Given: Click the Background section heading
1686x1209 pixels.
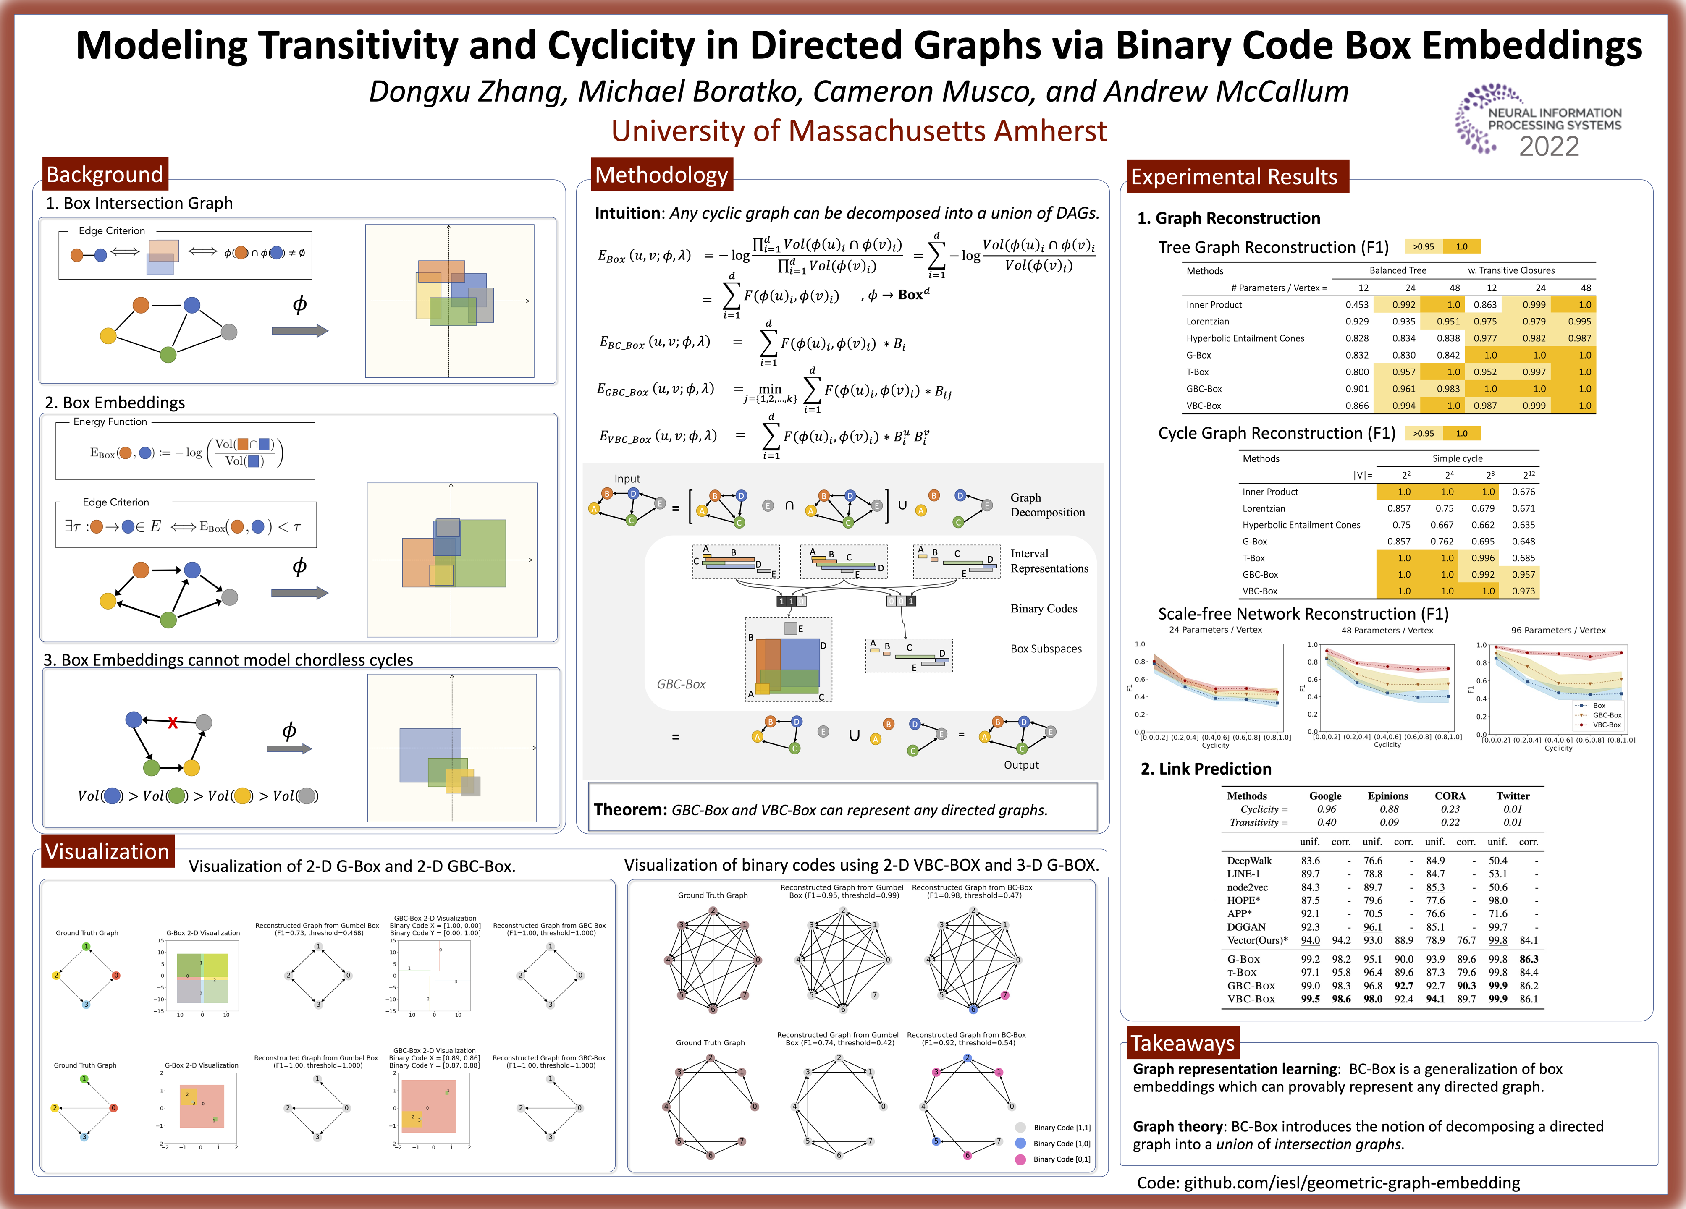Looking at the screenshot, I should click(105, 175).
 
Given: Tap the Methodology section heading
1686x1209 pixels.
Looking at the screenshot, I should click(661, 175).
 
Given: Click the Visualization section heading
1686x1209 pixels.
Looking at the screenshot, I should click(107, 852).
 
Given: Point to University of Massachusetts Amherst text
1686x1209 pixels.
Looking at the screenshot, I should click(859, 131).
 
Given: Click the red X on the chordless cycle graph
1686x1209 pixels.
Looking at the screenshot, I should click(173, 722).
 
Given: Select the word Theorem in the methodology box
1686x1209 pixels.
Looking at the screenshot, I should click(629, 809).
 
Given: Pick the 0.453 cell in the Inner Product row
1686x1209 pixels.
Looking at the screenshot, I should click(1357, 305).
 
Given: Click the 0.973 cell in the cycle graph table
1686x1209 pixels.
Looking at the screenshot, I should click(1523, 591).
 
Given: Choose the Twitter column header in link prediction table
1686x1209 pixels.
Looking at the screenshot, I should click(1513, 796).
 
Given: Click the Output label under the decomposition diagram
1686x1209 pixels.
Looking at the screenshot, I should click(1021, 764).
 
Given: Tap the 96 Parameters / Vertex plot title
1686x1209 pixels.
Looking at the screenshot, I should click(1558, 630).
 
